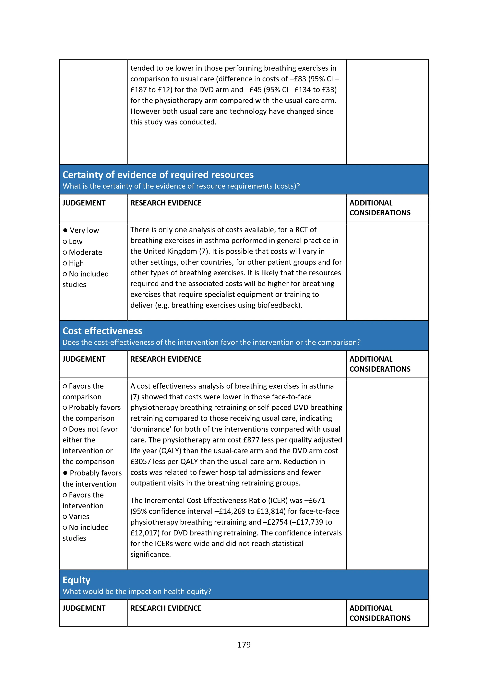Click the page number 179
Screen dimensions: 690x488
point(244,645)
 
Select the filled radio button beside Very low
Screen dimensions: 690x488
point(65,230)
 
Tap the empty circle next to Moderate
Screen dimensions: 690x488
point(65,252)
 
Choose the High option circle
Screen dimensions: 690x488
point(65,263)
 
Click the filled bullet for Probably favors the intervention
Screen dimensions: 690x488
point(65,473)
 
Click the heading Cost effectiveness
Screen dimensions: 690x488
point(102,331)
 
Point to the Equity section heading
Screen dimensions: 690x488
point(76,580)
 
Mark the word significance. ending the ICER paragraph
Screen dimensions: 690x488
point(150,555)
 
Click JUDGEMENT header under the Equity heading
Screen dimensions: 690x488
point(84,608)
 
